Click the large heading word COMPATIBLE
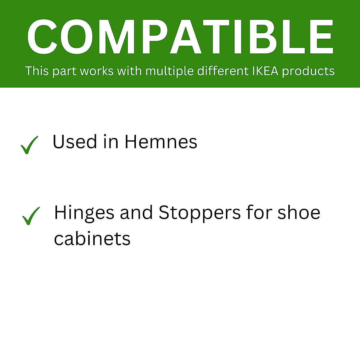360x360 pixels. point(180,37)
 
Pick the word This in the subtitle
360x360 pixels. point(37,71)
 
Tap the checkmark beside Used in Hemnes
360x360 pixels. point(29,145)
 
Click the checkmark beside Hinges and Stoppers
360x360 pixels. point(31,216)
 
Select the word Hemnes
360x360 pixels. point(161,142)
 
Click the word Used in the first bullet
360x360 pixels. point(75,142)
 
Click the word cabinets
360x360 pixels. point(92,238)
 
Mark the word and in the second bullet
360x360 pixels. point(136,212)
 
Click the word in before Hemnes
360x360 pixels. point(111,142)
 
